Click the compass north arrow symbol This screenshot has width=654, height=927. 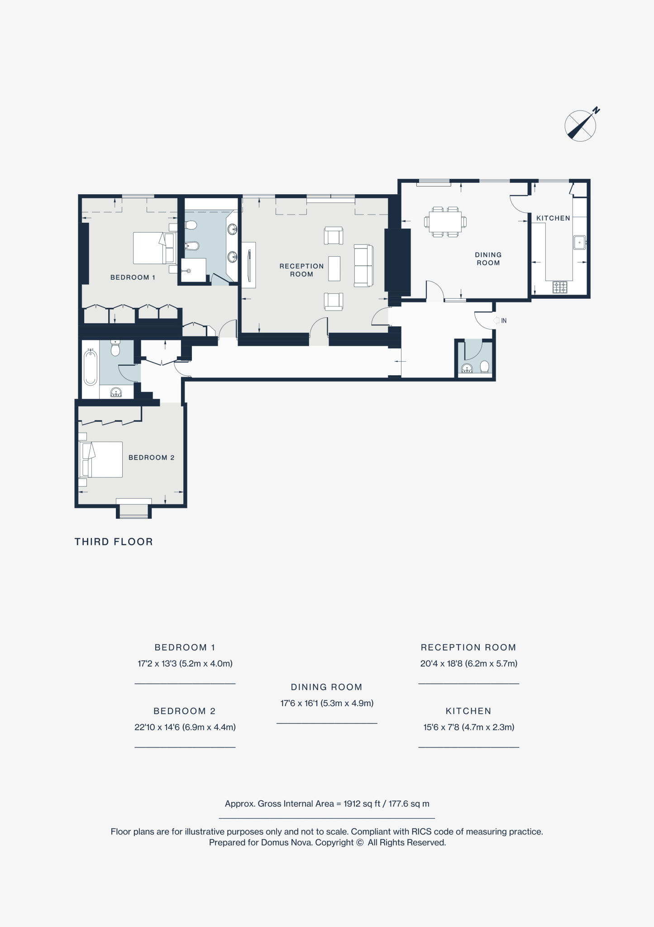[x=581, y=125]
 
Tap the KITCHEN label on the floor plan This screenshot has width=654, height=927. [x=553, y=218]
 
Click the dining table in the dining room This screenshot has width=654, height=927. [x=445, y=222]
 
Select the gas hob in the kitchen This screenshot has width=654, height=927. [x=560, y=287]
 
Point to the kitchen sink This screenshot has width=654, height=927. [x=579, y=242]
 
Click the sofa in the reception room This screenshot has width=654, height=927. [x=363, y=266]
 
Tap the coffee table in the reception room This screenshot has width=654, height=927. [x=334, y=268]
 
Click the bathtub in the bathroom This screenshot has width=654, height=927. [x=91, y=368]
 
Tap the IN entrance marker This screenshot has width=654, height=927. [x=500, y=320]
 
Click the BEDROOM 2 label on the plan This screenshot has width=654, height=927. [x=151, y=458]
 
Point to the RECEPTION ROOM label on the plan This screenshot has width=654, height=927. [x=301, y=270]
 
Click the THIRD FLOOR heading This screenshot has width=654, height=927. [x=114, y=542]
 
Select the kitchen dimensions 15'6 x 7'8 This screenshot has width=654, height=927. [x=468, y=727]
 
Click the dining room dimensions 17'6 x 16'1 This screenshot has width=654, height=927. [x=326, y=703]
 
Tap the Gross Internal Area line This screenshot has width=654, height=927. [x=327, y=804]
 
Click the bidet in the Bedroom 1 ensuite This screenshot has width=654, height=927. [x=192, y=246]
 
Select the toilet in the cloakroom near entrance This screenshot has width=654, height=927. [x=484, y=366]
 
